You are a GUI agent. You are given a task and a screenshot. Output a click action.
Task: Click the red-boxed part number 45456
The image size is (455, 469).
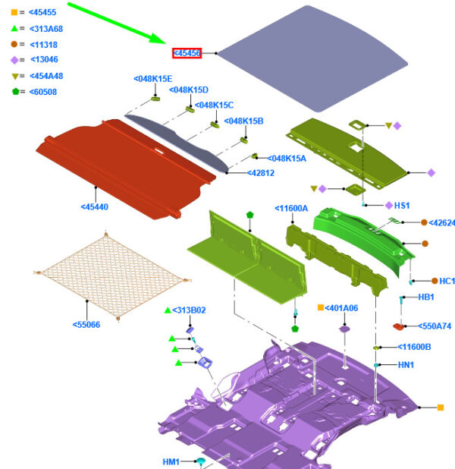click(x=187, y=53)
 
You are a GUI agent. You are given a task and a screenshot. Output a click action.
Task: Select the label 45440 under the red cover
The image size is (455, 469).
click(x=95, y=207)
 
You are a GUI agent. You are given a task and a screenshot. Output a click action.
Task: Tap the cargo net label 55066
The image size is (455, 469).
click(x=86, y=325)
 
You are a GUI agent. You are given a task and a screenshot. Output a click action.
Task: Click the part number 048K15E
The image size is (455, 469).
click(x=152, y=79)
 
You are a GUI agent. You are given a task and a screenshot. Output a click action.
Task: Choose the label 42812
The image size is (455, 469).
click(x=261, y=173)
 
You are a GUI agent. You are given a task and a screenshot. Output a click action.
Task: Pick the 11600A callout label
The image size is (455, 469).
click(x=291, y=209)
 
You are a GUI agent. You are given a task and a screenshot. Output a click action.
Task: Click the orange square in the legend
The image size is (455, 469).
click(x=14, y=12)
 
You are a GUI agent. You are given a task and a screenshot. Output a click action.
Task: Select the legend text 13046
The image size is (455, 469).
click(x=44, y=59)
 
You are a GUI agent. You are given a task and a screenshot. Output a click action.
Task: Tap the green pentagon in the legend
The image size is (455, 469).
click(x=15, y=92)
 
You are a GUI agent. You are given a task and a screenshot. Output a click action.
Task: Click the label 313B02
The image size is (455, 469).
click(x=189, y=310)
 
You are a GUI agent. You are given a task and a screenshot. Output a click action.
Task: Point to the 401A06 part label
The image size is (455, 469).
click(x=341, y=308)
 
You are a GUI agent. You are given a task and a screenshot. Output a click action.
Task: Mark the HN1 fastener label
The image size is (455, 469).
click(x=406, y=365)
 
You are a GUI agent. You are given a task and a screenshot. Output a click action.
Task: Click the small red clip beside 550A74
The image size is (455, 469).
click(x=398, y=326)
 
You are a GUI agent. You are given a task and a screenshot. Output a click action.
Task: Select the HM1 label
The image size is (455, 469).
click(x=171, y=462)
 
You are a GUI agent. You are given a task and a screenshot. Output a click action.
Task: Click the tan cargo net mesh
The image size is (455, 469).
click(x=112, y=275)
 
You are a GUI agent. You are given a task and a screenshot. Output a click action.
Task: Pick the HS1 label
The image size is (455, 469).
click(x=402, y=206)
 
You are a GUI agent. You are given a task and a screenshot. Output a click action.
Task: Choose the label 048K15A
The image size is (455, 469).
click(x=287, y=159)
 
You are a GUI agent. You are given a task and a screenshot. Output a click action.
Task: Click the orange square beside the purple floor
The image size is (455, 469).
click(x=441, y=408)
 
